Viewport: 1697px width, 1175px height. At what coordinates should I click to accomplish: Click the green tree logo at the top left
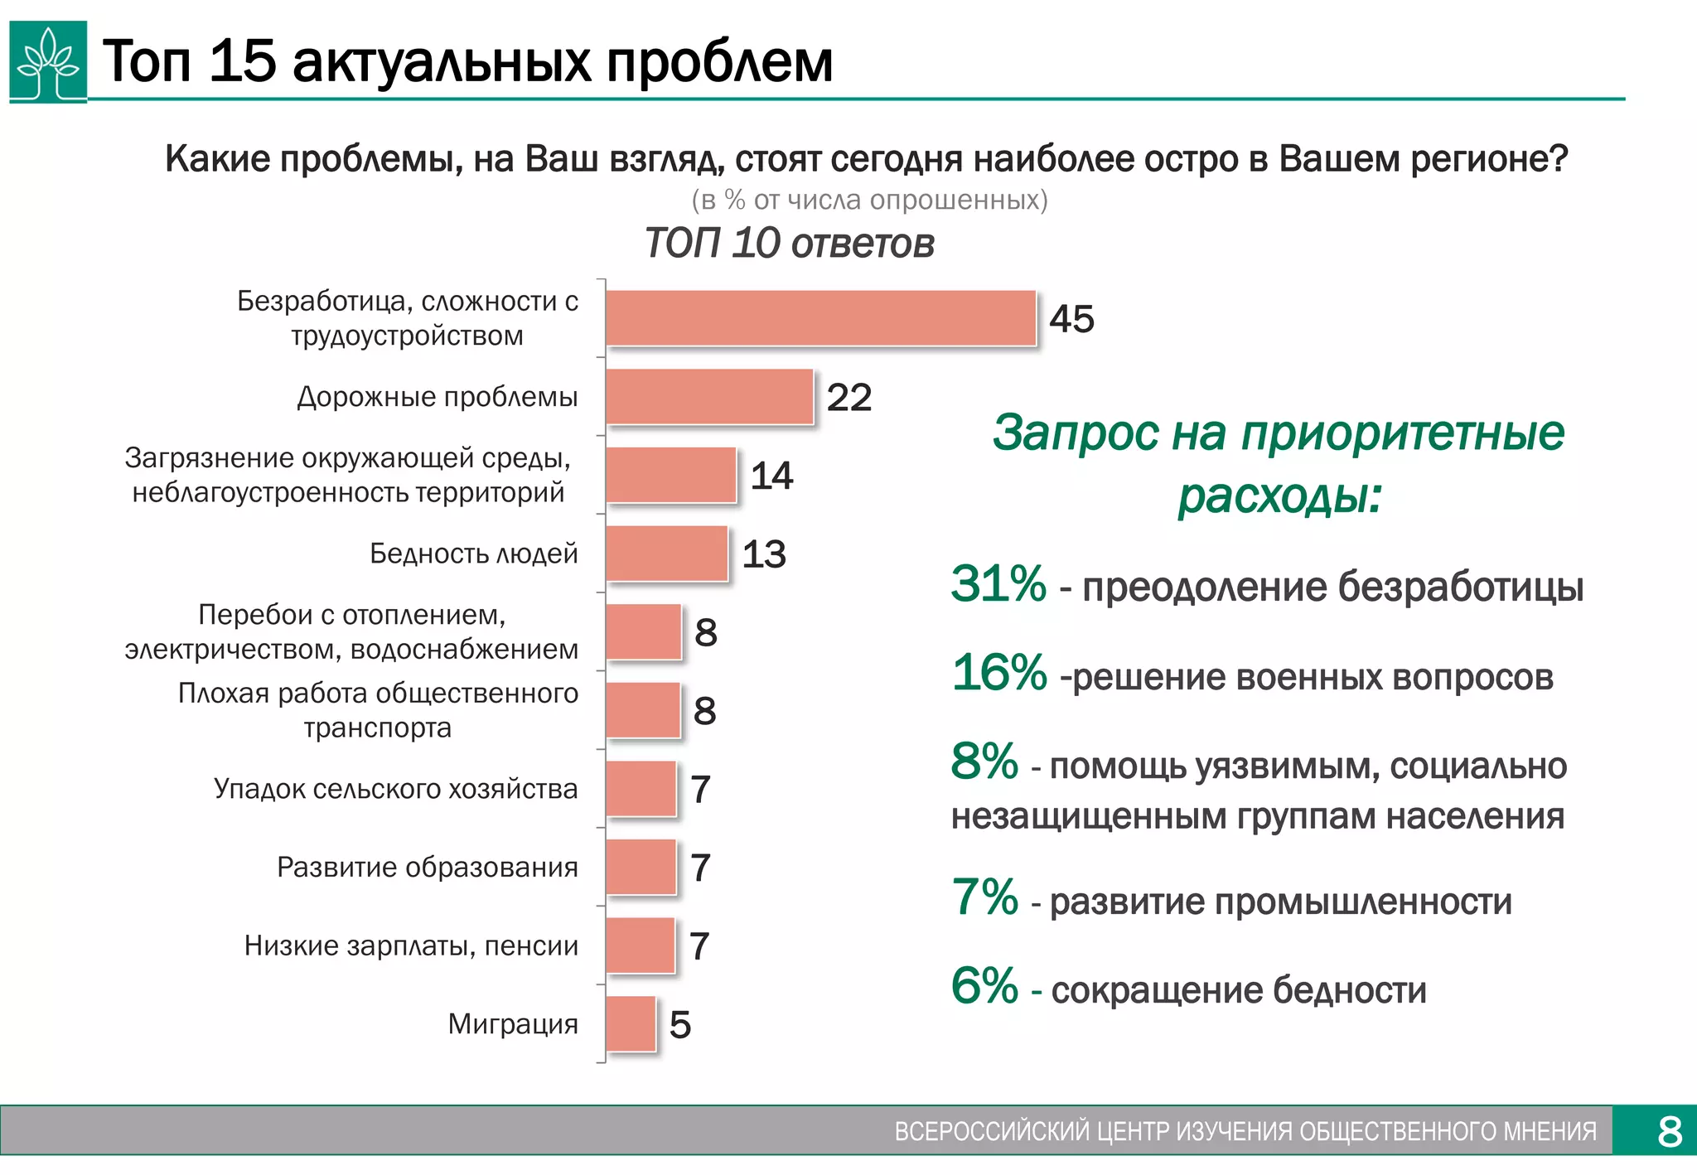point(48,62)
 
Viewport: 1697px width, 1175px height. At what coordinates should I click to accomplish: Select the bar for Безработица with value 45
point(820,318)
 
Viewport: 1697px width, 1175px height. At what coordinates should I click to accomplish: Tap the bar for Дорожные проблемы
point(709,397)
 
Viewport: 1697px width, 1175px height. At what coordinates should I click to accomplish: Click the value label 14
point(771,476)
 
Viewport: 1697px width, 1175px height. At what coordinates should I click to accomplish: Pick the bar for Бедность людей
point(667,554)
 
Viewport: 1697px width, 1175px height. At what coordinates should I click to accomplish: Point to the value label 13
point(763,554)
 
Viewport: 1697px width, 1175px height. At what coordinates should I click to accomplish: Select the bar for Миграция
point(631,1024)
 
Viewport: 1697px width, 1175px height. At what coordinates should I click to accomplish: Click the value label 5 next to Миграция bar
point(680,1025)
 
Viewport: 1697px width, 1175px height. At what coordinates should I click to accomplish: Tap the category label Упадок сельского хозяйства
point(395,789)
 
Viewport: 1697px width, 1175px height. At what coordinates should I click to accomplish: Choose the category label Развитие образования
point(427,867)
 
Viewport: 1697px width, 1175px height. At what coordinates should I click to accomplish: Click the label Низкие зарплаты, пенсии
point(411,945)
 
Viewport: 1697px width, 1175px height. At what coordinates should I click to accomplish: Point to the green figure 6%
point(984,985)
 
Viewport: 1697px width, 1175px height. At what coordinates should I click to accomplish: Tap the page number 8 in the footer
point(1670,1131)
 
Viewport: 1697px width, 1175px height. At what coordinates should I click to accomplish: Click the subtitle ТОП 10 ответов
point(789,244)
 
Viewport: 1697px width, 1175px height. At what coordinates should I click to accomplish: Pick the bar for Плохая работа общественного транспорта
point(643,711)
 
